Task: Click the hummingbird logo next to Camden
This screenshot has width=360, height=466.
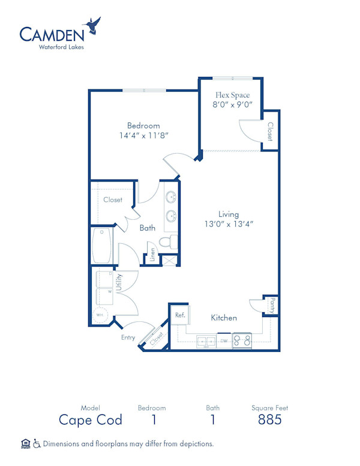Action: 92,26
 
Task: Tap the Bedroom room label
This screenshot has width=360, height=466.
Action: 143,126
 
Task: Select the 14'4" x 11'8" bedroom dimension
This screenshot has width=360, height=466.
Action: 143,135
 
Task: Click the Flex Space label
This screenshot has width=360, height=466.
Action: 232,95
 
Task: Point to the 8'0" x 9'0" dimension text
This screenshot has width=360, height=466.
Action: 232,104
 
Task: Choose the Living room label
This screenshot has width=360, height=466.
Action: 229,214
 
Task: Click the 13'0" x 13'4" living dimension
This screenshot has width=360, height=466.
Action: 229,224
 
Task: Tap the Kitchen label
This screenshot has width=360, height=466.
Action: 223,317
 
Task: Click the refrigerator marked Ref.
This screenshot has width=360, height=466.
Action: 179,315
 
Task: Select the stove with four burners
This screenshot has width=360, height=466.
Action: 241,340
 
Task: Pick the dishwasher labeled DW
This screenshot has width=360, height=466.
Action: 223,341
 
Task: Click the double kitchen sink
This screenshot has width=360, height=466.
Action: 206,341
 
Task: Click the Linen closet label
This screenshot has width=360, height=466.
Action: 152,255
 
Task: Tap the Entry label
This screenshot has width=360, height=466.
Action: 128,337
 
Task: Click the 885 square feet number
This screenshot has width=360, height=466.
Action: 269,419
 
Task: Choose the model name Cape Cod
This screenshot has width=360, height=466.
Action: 91,419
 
